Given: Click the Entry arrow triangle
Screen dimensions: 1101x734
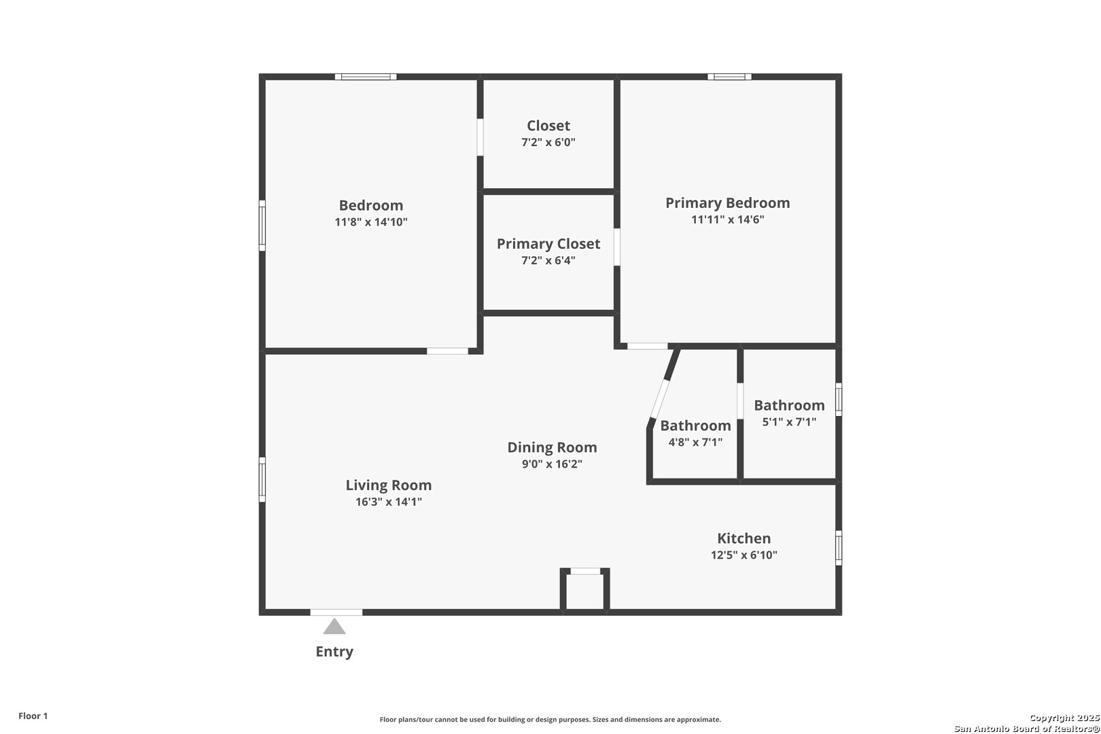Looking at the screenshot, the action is coord(334,627).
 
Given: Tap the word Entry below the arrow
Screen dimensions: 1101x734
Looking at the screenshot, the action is coord(334,651).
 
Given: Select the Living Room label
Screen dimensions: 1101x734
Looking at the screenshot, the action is coord(388,485).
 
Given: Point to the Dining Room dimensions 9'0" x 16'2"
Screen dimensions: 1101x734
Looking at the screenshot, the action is coord(552,464).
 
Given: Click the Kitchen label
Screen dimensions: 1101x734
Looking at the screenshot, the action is coord(744,538).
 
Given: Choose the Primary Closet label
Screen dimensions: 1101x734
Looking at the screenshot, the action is coord(548,244).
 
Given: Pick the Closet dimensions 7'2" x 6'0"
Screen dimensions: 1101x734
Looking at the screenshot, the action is coord(548,142).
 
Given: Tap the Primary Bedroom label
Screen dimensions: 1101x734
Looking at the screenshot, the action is coord(727,203).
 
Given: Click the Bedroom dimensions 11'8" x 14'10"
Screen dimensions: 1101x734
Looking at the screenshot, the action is coord(371,222).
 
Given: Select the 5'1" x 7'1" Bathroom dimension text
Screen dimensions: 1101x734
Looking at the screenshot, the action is coord(789,422).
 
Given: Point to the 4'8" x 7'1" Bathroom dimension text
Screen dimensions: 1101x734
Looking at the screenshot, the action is coord(695,442).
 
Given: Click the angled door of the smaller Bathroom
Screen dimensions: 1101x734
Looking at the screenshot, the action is coord(659,399).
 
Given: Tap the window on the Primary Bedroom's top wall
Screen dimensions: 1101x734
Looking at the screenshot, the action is coord(729,77).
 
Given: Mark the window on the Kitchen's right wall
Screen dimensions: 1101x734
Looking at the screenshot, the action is coord(839,548).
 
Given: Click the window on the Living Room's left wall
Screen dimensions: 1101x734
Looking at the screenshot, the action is coord(262,480).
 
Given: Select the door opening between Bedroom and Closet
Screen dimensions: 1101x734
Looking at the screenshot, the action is coord(480,137).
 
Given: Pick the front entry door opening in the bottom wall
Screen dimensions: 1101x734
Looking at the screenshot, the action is coord(336,612).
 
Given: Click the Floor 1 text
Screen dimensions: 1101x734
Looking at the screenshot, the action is coord(33,716).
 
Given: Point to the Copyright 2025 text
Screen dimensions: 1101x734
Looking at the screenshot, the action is coord(1064,718).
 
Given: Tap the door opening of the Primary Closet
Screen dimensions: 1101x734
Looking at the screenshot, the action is coord(617,247).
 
